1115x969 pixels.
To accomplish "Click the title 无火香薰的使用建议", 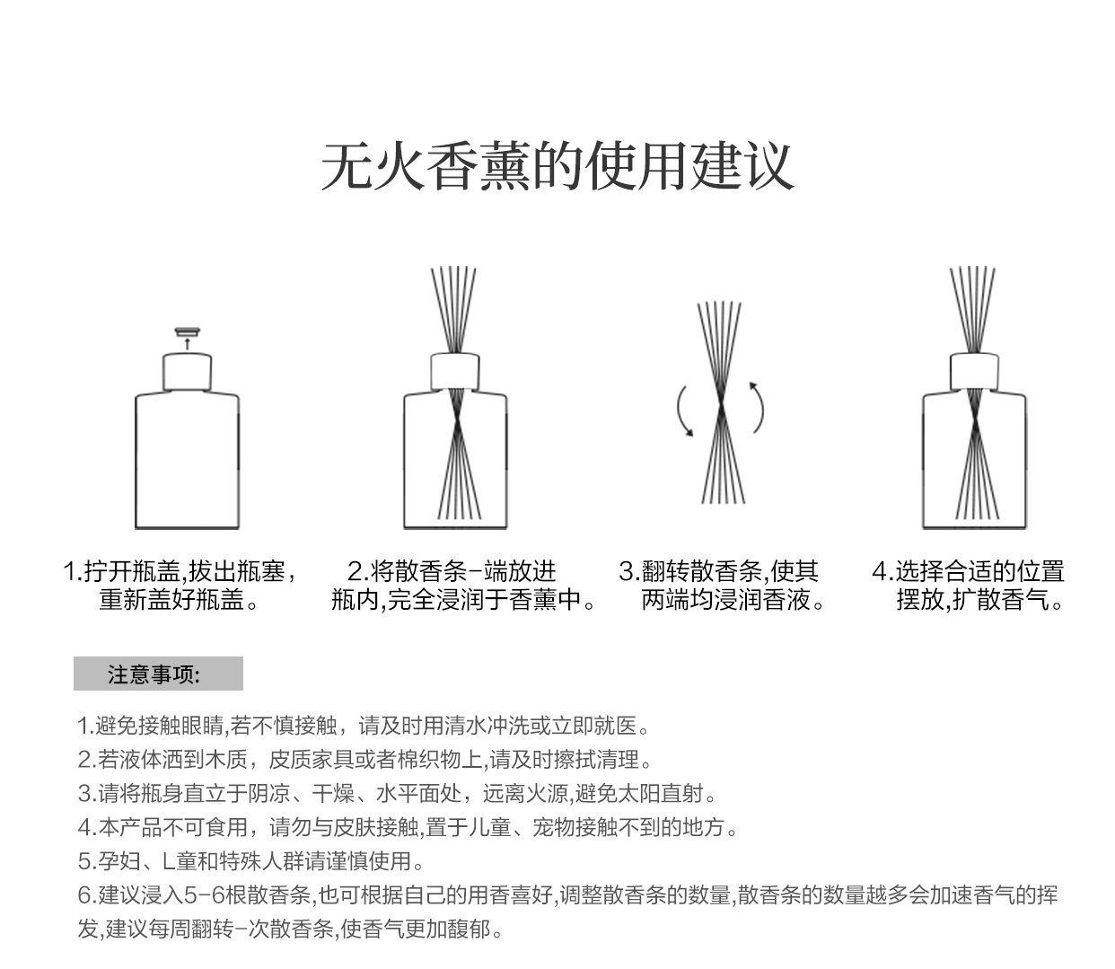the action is point(557,166).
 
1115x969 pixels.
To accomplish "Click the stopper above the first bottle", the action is point(187,332).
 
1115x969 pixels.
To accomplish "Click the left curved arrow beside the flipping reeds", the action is point(684,411).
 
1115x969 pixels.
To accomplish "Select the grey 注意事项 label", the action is point(158,674).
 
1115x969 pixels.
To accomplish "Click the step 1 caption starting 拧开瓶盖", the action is point(180,585).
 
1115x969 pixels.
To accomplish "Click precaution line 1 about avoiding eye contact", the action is point(364,726).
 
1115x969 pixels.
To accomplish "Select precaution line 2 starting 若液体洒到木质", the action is point(364,760).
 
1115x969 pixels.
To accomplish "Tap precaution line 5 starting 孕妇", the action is point(251,861).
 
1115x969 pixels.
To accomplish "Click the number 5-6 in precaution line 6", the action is point(203,895).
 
